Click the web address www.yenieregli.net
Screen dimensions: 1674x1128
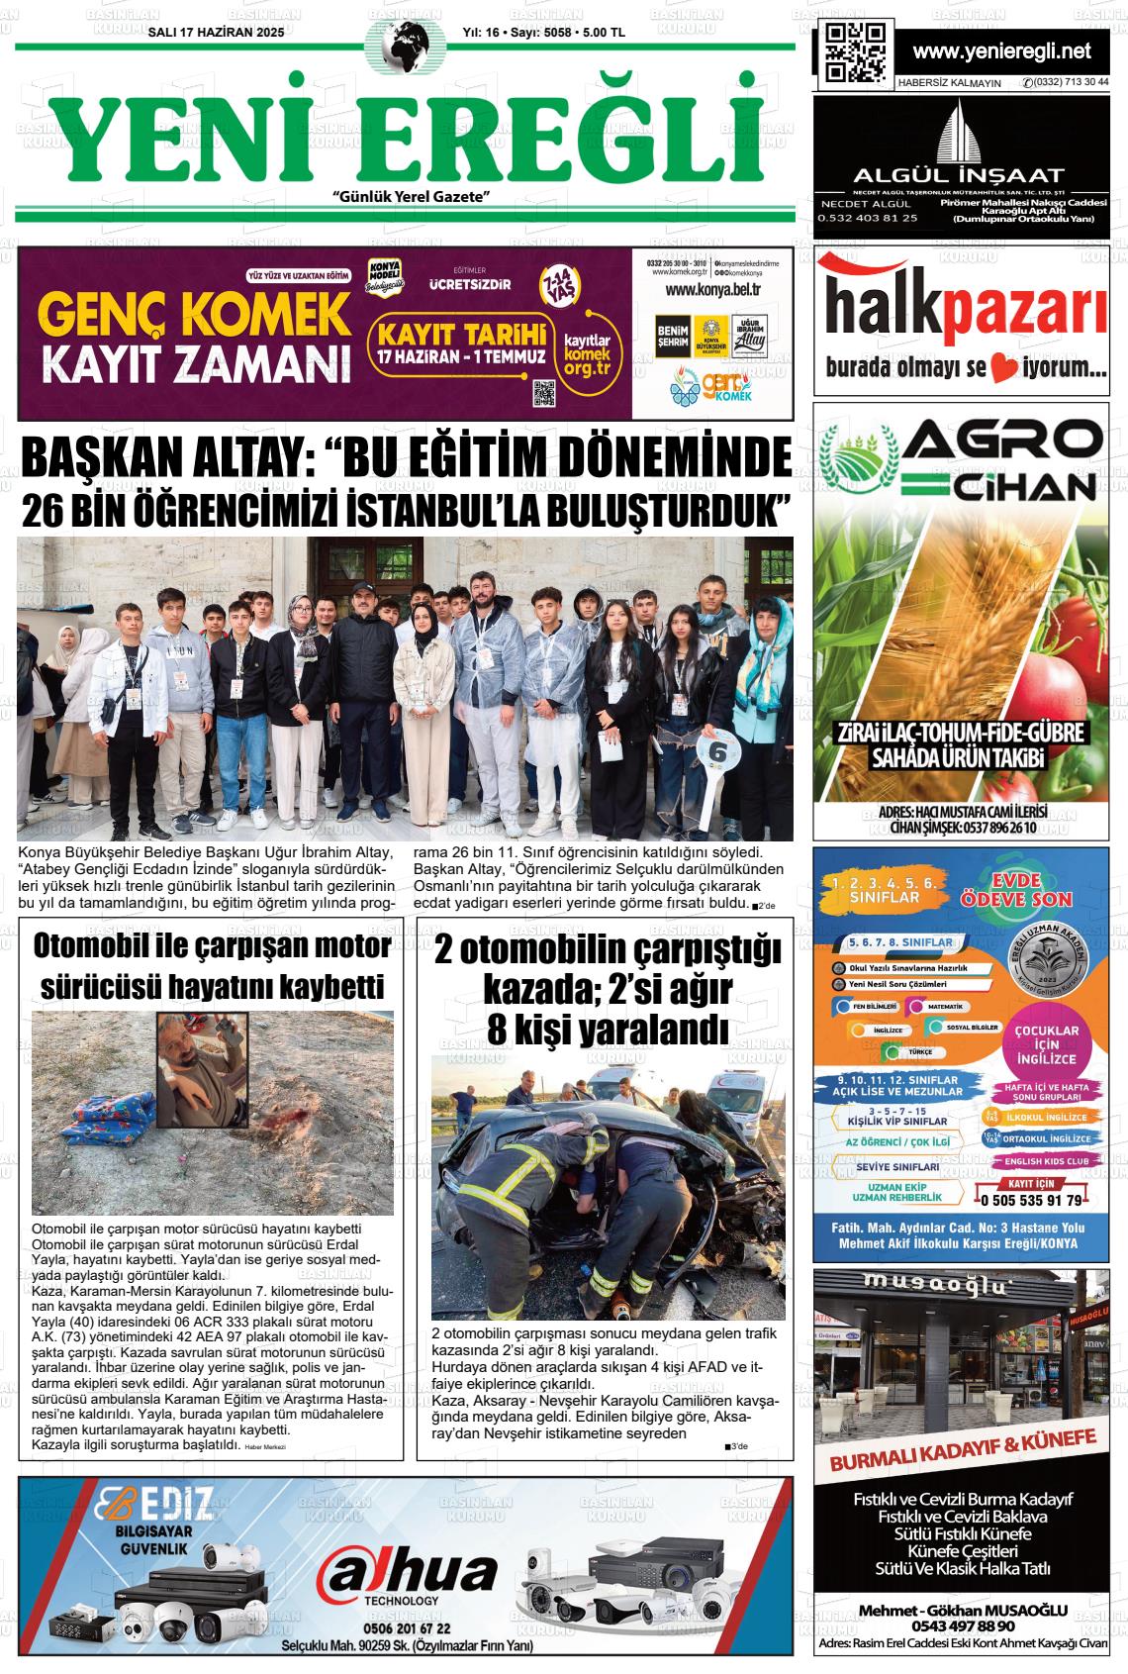(x=1001, y=50)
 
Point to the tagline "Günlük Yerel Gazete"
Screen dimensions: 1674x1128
(x=413, y=197)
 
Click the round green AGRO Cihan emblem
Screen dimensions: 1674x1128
(x=861, y=457)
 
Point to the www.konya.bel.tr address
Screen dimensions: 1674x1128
(x=712, y=289)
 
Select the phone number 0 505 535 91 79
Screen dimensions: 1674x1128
(x=1031, y=1201)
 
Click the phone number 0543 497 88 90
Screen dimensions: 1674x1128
(x=963, y=1625)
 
